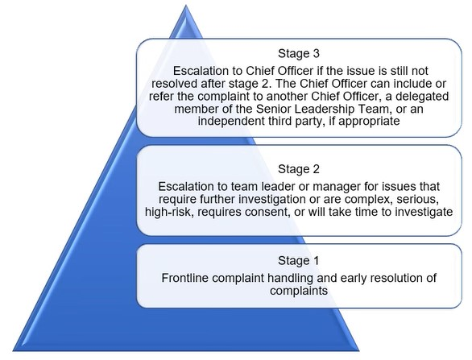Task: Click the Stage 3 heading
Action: [x=299, y=54]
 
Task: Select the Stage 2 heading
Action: [x=299, y=169]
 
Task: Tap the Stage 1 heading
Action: [x=298, y=261]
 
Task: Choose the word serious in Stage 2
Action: [x=417, y=199]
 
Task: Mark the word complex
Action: [x=369, y=200]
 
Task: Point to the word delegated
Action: [x=422, y=97]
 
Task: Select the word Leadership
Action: [x=325, y=109]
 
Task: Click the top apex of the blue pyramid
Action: [x=186, y=6]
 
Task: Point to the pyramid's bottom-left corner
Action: [x=13, y=350]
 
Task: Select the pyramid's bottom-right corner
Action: [x=358, y=350]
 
